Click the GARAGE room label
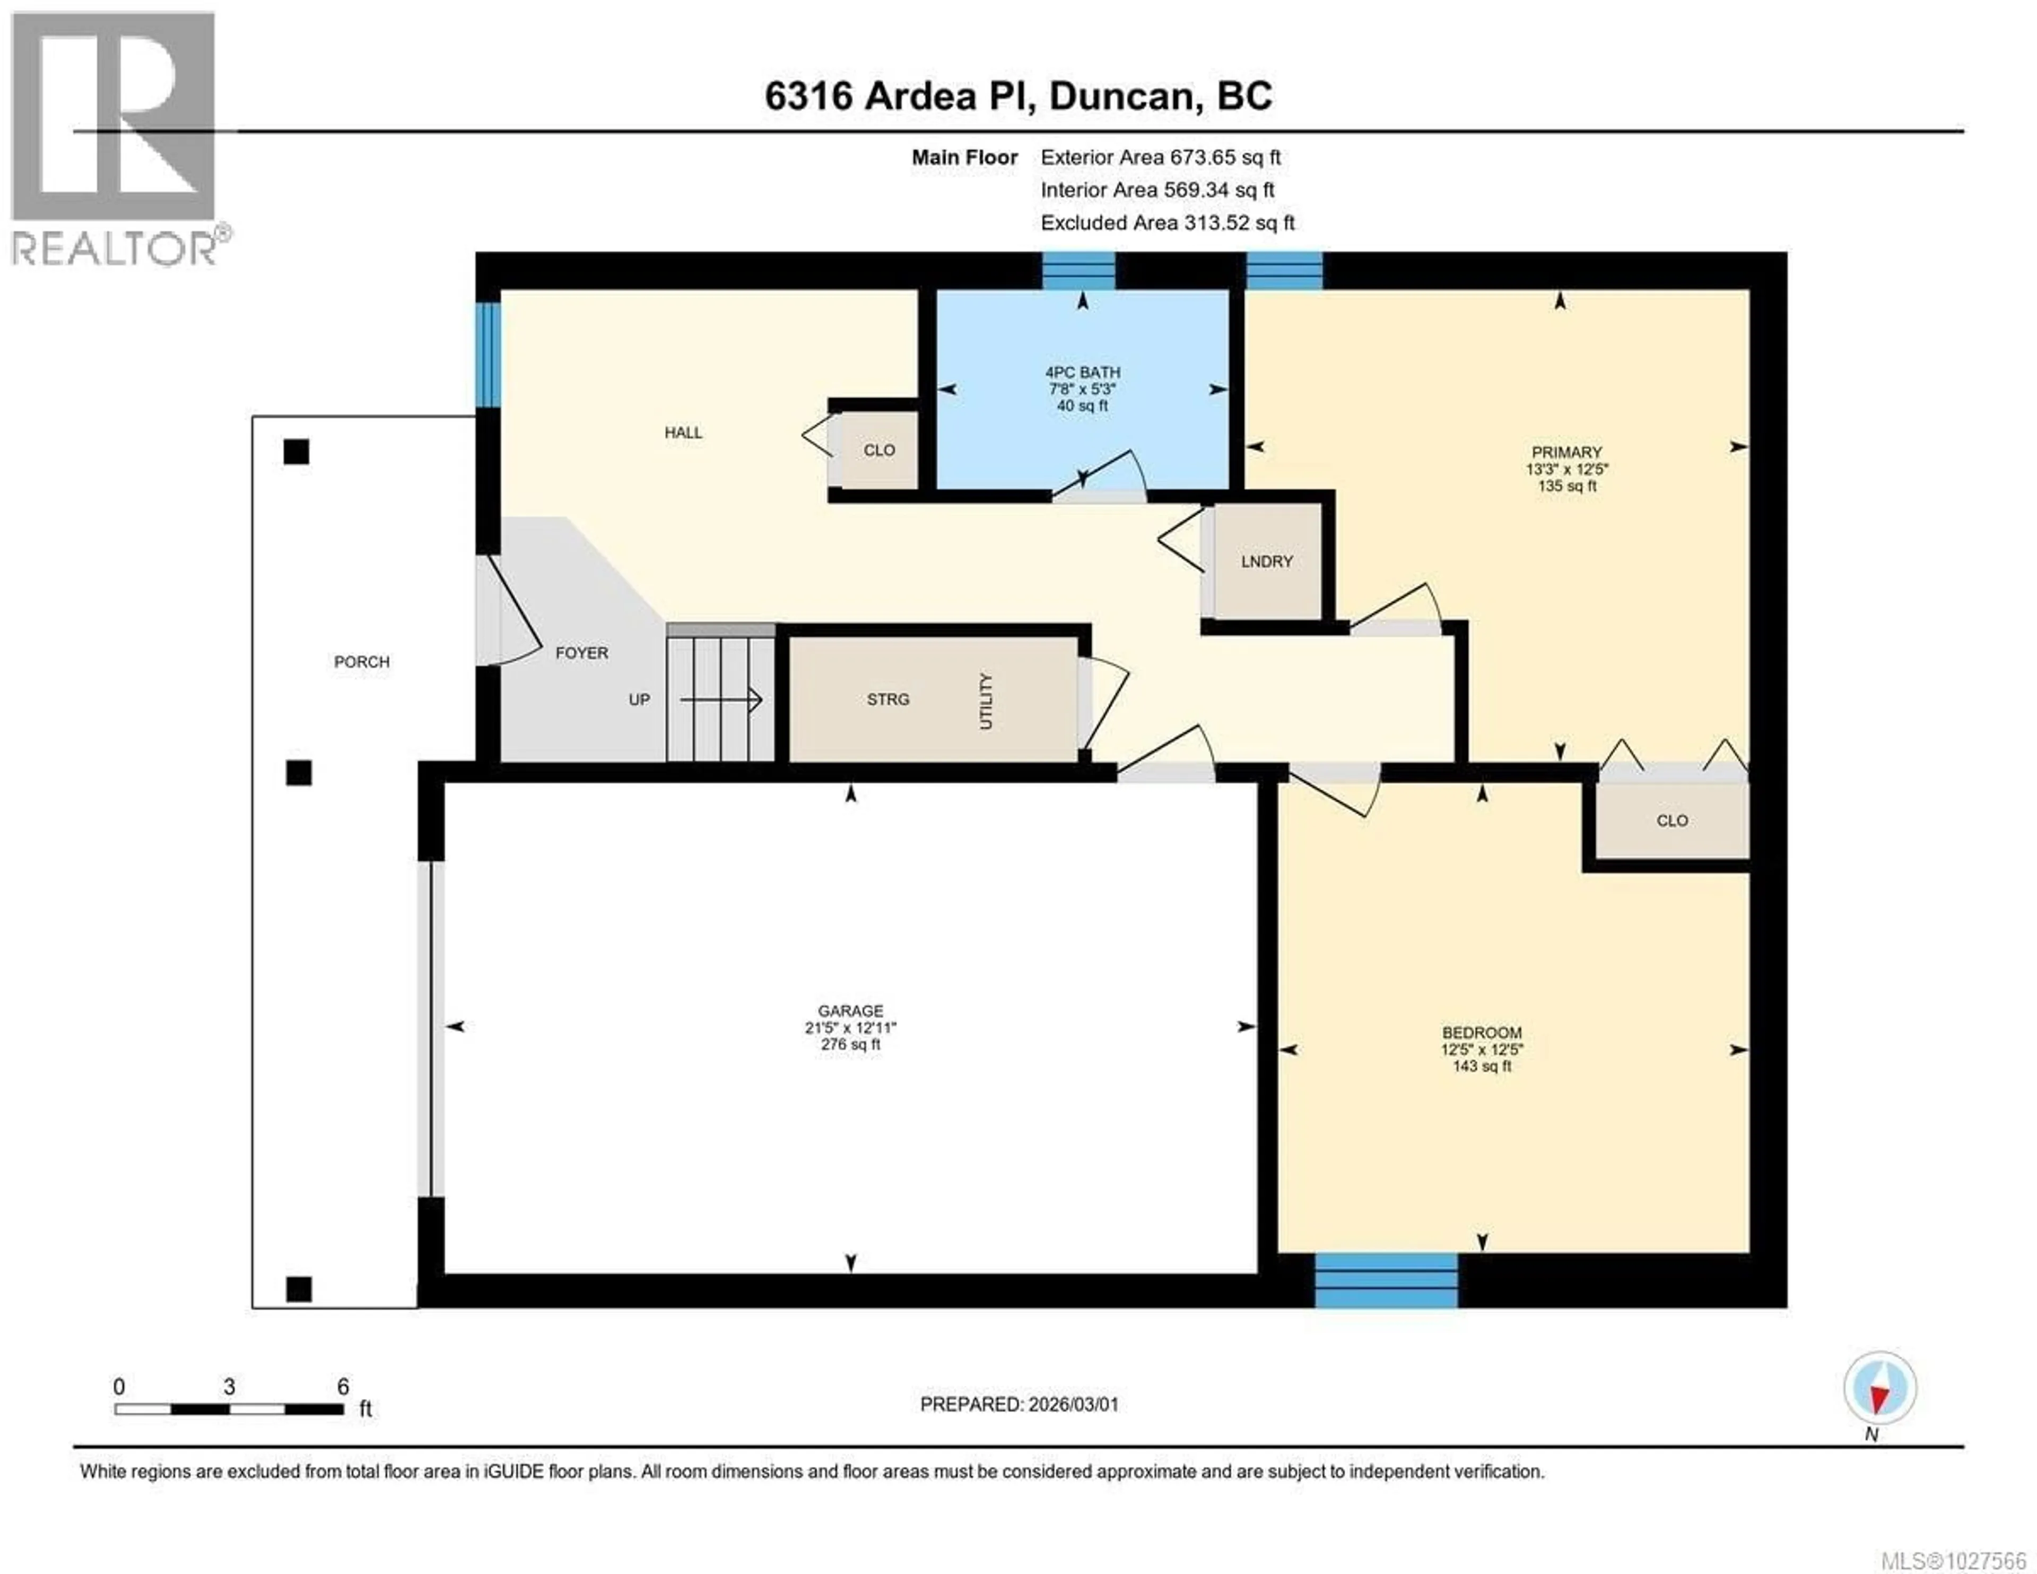click(x=850, y=1010)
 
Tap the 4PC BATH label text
click(x=1082, y=373)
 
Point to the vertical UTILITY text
click(x=986, y=700)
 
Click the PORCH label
click(x=362, y=662)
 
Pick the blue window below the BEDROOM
click(x=1386, y=1280)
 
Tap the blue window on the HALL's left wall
click(x=488, y=354)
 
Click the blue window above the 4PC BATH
click(x=1078, y=271)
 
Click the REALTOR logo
click(x=114, y=140)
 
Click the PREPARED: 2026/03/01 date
click(x=1019, y=1404)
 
